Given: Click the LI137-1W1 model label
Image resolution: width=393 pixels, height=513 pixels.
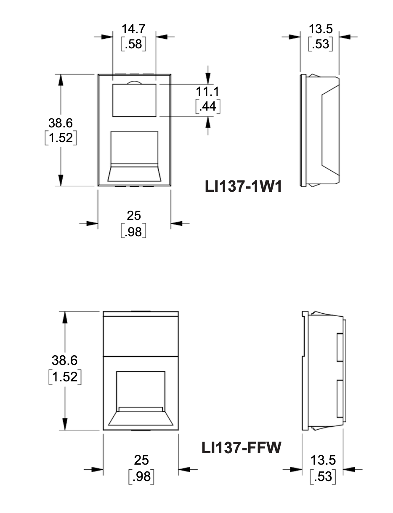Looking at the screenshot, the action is pos(243,187).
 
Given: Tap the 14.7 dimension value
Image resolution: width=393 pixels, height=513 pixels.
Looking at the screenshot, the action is pos(133,29).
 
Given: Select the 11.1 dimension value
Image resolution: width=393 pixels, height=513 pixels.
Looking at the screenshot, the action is pos(207,91).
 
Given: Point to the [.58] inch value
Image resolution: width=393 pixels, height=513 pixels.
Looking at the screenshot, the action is pos(133,44).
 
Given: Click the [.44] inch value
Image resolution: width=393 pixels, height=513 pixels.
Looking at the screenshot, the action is pos(208,106).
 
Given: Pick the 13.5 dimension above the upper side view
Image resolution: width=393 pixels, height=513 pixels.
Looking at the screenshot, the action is pos(321,29).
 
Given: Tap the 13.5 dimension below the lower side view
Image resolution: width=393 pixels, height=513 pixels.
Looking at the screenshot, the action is pos(323,460).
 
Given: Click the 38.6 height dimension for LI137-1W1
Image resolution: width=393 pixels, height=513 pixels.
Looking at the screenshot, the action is pos(61,123).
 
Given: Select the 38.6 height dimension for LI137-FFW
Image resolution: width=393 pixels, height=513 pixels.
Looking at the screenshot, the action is pos(64,360).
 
